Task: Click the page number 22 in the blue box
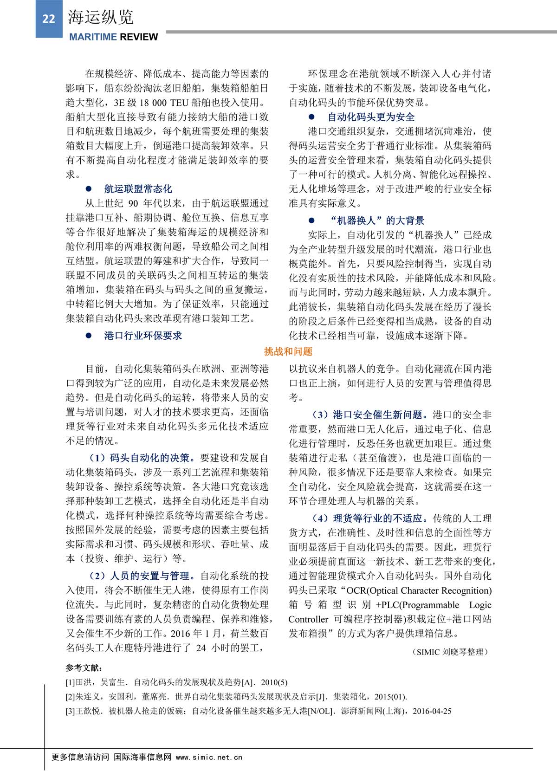49,19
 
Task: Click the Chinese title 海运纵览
101,17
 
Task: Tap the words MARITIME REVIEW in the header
113,37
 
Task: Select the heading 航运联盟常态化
138,189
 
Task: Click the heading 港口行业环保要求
143,336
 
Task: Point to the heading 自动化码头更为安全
371,117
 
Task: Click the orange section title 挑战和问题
288,351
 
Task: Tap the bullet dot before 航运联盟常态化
89,189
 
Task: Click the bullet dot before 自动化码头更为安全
311,117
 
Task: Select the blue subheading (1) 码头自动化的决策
142,458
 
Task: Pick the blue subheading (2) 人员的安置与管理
142,576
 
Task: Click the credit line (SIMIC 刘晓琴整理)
450,652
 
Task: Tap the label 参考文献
84,667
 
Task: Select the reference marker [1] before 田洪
70,682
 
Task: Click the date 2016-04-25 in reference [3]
432,711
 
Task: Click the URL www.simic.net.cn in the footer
209,757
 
